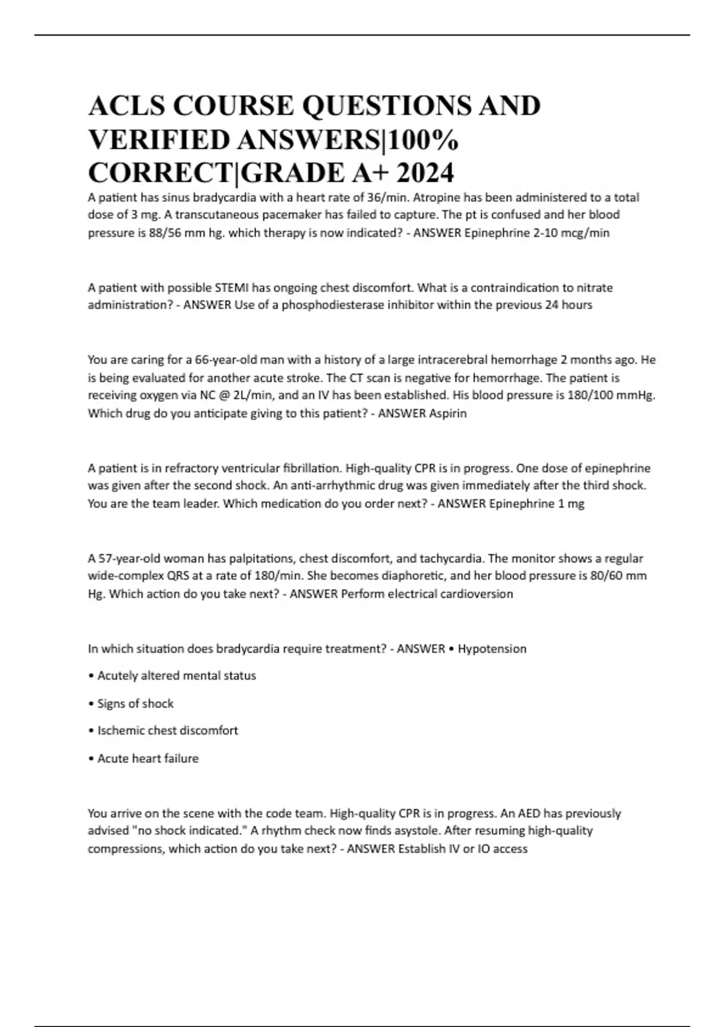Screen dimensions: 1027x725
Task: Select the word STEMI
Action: coord(232,288)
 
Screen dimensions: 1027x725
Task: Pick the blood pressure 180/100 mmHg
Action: coord(617,395)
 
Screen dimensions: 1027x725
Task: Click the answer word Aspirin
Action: coord(448,414)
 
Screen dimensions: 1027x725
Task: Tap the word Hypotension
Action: coord(492,649)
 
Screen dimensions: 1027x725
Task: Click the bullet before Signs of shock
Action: coord(91,704)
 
